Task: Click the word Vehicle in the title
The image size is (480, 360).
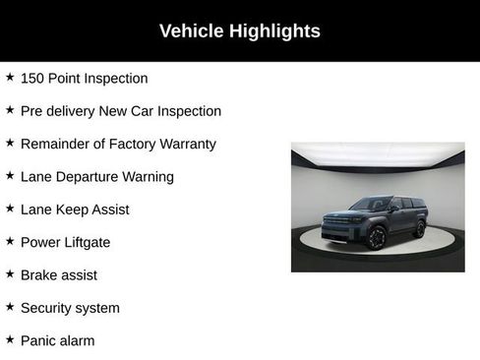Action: (191, 31)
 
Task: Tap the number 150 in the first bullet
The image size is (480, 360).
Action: (33, 79)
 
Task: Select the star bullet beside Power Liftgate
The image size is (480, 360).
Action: (10, 241)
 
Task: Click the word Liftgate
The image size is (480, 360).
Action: (86, 242)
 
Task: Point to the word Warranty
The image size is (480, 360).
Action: (184, 145)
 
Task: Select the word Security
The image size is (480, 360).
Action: (47, 308)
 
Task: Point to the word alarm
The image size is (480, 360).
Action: (78, 340)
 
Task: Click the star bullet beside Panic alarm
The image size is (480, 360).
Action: (10, 339)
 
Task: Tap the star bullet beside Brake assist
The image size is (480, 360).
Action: (10, 274)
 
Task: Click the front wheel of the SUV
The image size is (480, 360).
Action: (376, 237)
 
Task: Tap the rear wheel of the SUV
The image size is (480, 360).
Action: (420, 229)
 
